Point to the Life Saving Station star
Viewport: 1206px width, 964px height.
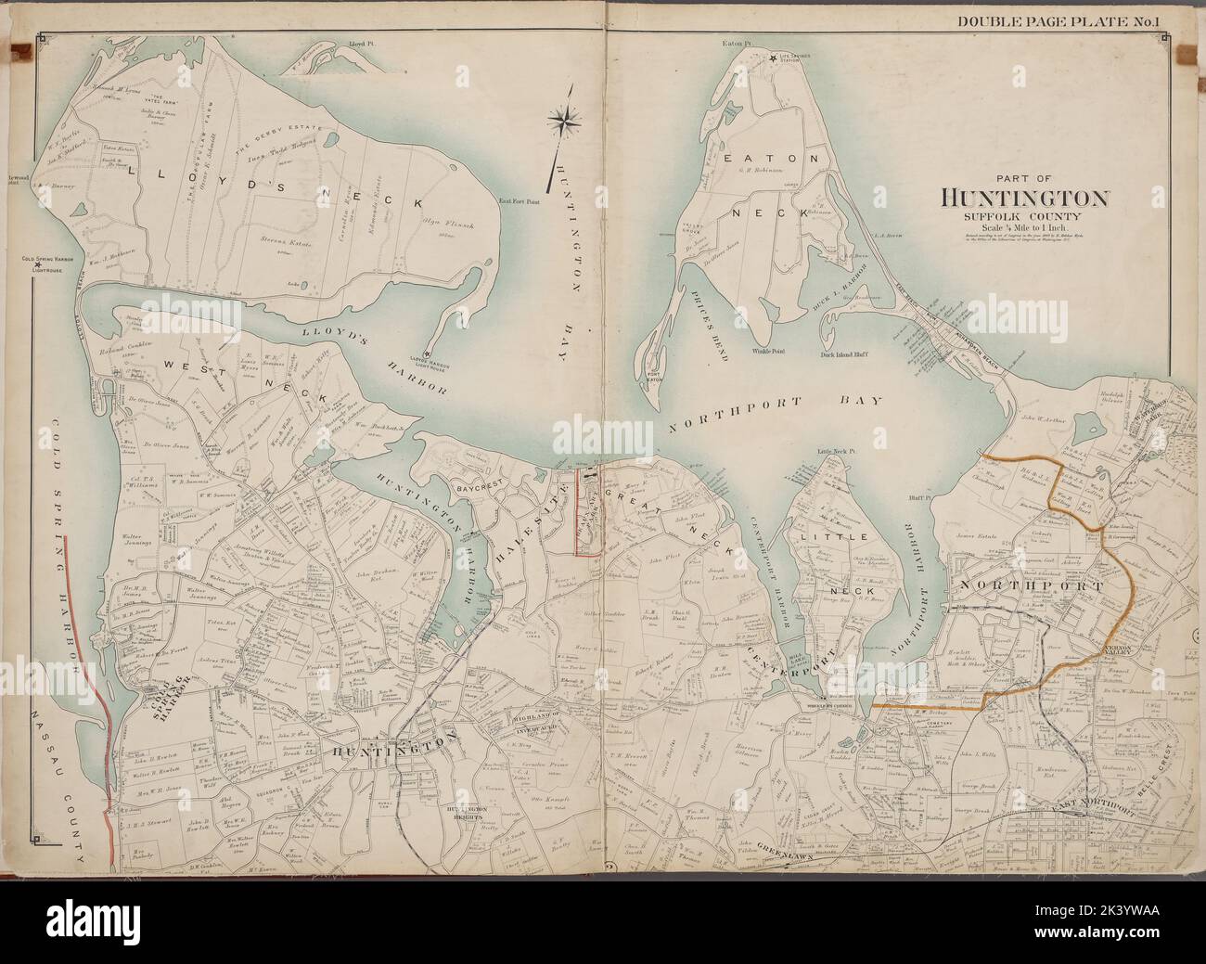click(772, 60)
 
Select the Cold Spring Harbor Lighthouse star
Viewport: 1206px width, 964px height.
click(37, 265)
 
